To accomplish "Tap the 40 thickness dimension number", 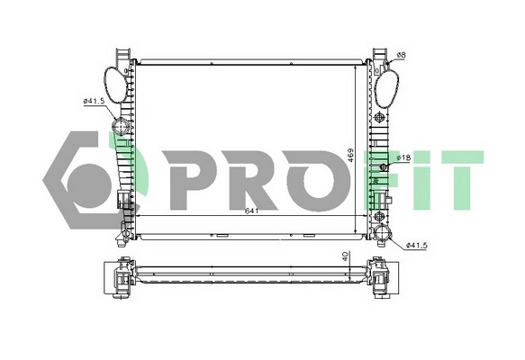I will pos(344,257).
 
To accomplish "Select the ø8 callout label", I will pos(401,56).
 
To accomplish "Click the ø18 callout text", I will pos(403,158).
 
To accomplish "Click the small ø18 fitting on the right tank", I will pos(385,166).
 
